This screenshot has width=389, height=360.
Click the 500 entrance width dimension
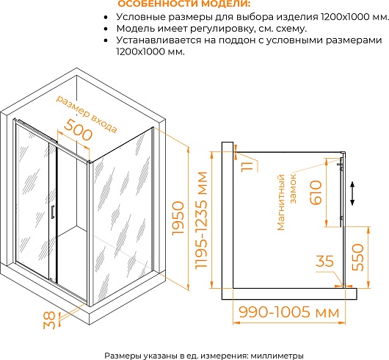(x=78, y=132)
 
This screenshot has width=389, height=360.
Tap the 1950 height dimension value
(x=178, y=218)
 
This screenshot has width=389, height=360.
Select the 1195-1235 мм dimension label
(x=201, y=220)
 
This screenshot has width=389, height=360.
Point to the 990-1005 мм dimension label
(x=288, y=312)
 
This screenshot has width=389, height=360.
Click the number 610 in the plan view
(x=316, y=192)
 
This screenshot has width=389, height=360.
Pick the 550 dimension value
(x=357, y=257)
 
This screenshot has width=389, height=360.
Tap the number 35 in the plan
(x=324, y=261)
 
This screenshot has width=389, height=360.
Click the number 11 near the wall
(x=247, y=166)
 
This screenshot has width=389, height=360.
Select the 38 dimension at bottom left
(x=49, y=320)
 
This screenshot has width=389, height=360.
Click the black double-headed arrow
(x=352, y=193)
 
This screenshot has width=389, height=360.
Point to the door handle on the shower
(x=53, y=212)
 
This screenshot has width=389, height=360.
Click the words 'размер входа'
(x=87, y=114)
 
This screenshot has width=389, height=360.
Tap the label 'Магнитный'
(x=281, y=202)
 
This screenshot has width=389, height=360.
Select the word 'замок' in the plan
(x=293, y=189)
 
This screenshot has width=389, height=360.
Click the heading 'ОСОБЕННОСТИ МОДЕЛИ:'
(x=184, y=4)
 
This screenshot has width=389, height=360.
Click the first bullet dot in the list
(x=106, y=18)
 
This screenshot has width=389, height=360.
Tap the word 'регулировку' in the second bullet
(x=222, y=29)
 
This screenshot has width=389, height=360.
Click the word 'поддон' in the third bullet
(x=236, y=40)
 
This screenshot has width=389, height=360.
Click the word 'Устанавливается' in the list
(x=159, y=40)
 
